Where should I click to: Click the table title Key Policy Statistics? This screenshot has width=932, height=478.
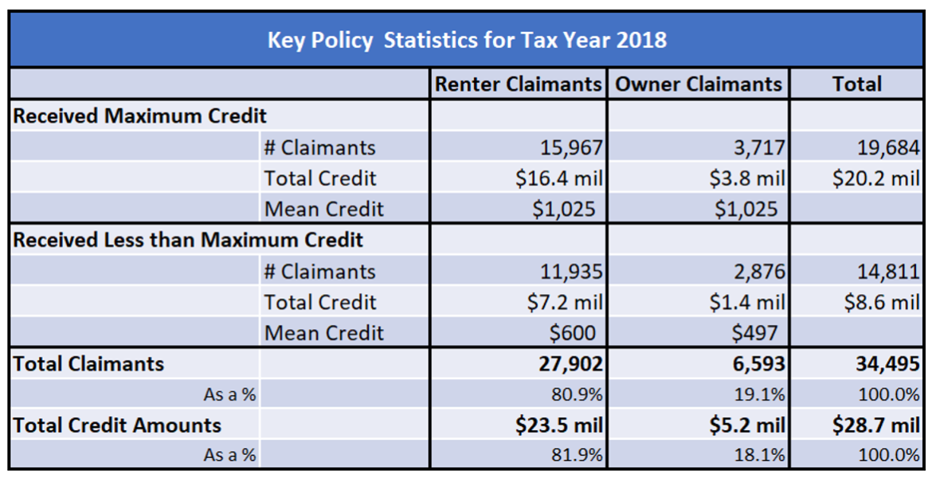[x=467, y=40]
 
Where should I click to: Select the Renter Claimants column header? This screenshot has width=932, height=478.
[x=519, y=84]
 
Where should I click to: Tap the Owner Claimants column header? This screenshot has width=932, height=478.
[x=699, y=84]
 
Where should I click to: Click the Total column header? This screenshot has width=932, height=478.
[x=856, y=84]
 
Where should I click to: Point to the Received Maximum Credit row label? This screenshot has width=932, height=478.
[x=139, y=116]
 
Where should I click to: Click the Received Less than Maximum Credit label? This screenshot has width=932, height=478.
[x=188, y=240]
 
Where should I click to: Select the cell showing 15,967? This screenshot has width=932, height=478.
[x=570, y=147]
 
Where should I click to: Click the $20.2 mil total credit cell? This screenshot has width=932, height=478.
[x=875, y=178]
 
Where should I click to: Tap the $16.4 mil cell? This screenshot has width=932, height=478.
[x=559, y=178]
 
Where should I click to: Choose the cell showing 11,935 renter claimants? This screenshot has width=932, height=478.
[x=570, y=272]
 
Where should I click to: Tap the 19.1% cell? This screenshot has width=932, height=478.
[x=764, y=394]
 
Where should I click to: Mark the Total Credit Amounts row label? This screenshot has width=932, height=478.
[x=117, y=425]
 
